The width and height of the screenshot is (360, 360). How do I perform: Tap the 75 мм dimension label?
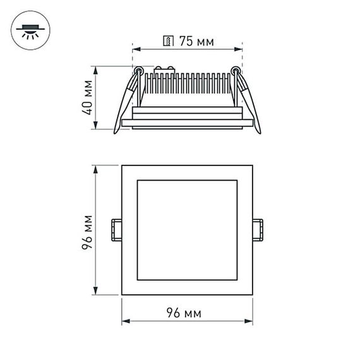pyautogui.click(x=195, y=42)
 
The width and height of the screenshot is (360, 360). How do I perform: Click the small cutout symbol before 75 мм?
pyautogui.click(x=168, y=42)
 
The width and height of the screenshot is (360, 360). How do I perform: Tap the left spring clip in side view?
pyautogui.click(x=124, y=104)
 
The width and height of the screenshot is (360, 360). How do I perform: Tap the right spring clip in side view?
pyautogui.click(x=248, y=104)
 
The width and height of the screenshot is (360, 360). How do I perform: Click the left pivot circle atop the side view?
pyautogui.click(x=135, y=70)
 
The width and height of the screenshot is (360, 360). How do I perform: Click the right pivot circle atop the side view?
pyautogui.click(x=236, y=70)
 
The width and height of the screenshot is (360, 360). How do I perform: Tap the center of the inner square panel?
pyautogui.click(x=186, y=230)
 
